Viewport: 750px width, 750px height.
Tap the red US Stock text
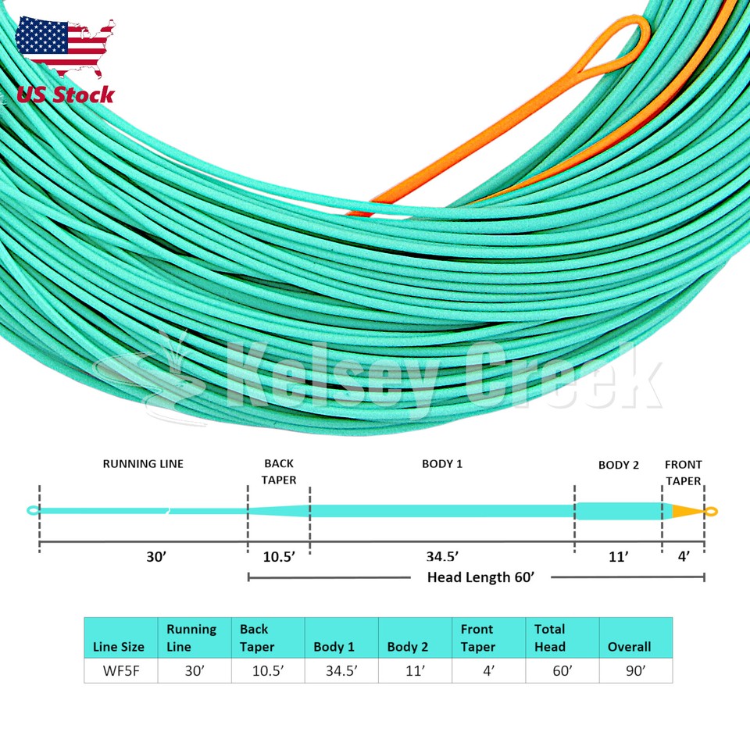(x=66, y=95)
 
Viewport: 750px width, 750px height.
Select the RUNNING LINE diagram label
(x=143, y=464)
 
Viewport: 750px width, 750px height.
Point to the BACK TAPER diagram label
(x=279, y=472)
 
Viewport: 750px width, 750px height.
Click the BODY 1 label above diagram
(x=442, y=464)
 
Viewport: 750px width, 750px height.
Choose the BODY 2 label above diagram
(x=619, y=466)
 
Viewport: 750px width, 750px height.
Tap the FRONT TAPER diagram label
(x=683, y=473)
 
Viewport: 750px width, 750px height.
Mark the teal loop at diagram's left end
(x=33, y=511)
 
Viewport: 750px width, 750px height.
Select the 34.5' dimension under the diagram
(x=442, y=557)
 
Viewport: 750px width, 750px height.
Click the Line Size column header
(x=119, y=647)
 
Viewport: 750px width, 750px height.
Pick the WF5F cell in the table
(x=120, y=671)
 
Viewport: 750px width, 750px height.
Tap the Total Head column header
(x=551, y=637)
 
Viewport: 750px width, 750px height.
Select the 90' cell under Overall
(x=634, y=671)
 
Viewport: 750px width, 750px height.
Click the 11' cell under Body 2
(x=414, y=671)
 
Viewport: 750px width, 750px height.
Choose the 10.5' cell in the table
(x=267, y=671)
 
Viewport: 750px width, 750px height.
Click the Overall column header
(x=630, y=647)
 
